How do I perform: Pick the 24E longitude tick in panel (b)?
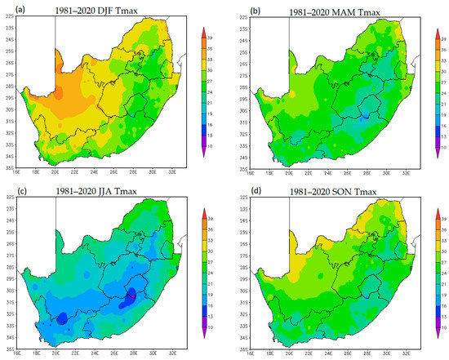tap(326, 173)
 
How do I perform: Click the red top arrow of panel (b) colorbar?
tap(433, 31)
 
